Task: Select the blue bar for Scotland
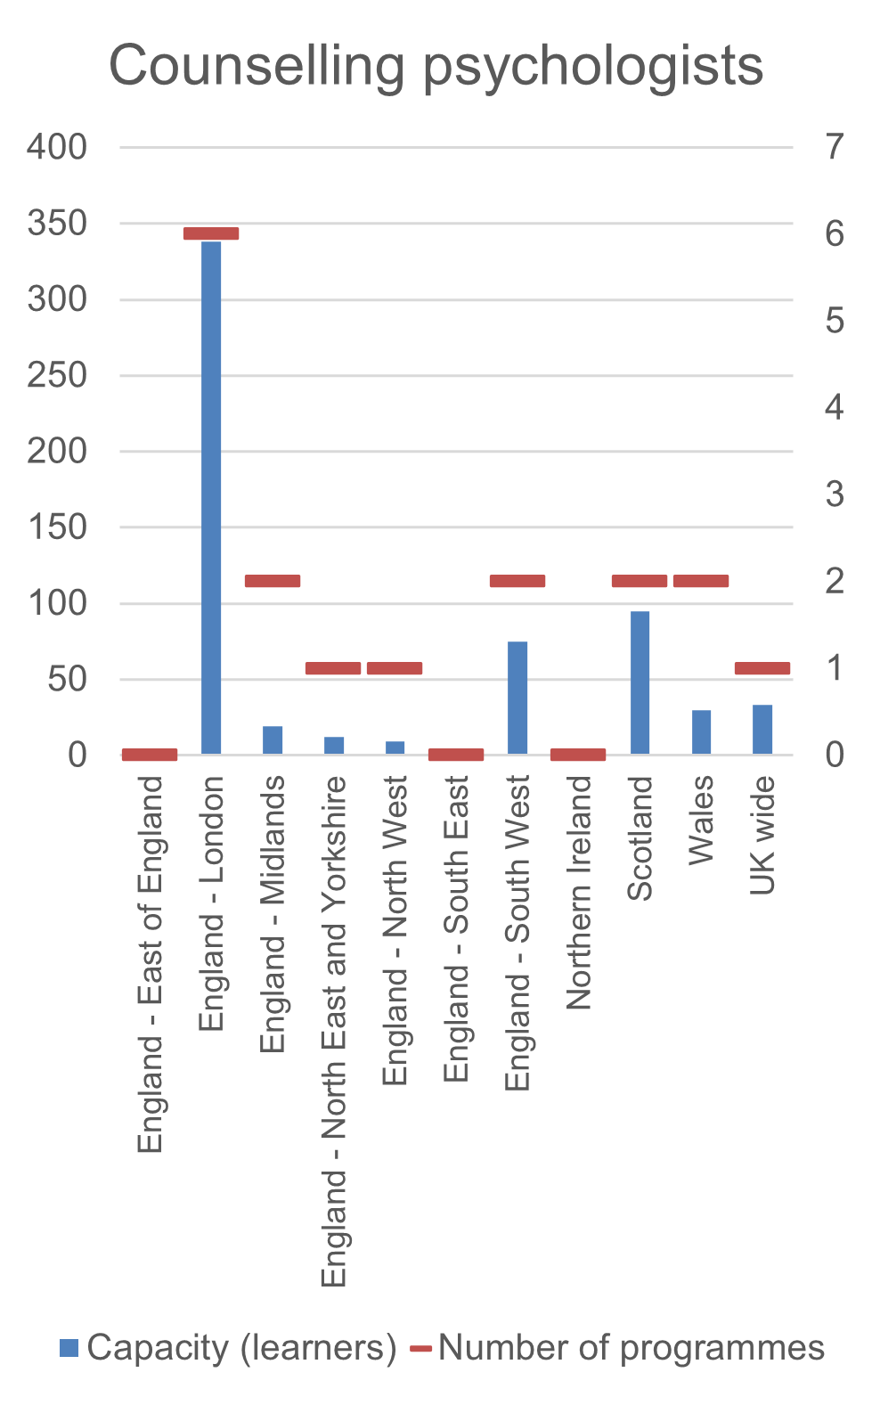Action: (640, 682)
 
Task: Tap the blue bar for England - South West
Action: (517, 698)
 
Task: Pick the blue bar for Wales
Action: (701, 731)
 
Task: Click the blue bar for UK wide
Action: (762, 729)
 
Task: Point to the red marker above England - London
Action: (211, 233)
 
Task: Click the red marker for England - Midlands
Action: (273, 581)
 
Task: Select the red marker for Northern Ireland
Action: (578, 755)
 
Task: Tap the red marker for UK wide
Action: (762, 668)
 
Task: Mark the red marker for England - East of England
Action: (150, 755)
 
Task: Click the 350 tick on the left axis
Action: (57, 223)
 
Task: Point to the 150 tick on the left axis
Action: (57, 527)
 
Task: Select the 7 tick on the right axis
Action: (835, 146)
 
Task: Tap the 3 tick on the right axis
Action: (835, 494)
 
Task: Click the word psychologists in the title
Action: (593, 67)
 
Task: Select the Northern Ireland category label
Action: (579, 893)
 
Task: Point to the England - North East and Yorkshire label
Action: (334, 1031)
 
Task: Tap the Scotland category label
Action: (640, 838)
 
